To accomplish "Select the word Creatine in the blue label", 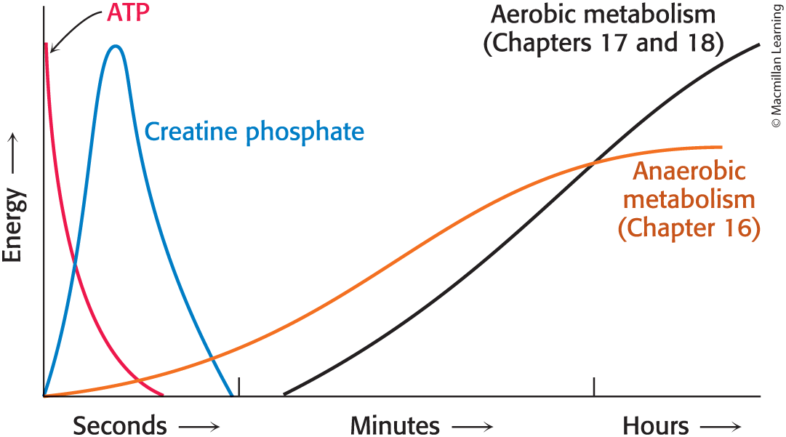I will tap(191, 132).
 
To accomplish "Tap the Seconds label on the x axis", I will tap(119, 425).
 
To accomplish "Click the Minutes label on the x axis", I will tap(395, 425).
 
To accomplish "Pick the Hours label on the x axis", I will tap(655, 425).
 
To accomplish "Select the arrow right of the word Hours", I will tap(721, 426).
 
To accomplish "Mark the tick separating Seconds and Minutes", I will tap(238, 387).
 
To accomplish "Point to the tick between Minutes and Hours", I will tap(594, 387).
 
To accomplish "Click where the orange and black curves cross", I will tap(594, 162).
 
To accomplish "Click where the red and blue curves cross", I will tap(75, 265).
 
